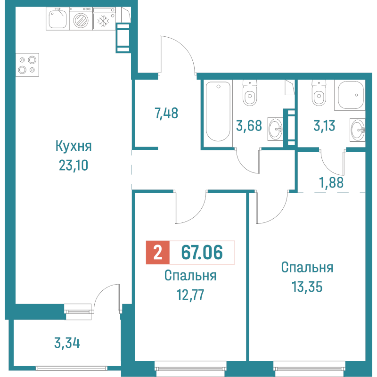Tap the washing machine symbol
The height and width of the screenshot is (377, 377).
click(81, 20)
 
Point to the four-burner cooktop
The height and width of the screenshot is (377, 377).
click(27, 65)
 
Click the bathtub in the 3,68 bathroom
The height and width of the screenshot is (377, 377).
click(217, 112)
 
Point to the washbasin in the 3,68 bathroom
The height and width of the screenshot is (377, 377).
click(276, 128)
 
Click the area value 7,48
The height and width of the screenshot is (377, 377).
click(166, 113)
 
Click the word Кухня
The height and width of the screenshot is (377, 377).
click(73, 146)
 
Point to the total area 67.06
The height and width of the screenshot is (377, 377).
click(202, 253)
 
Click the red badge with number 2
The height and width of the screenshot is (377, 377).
click(157, 253)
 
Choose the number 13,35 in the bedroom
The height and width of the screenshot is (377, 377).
click(307, 287)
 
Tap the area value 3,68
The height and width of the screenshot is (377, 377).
click(248, 126)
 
